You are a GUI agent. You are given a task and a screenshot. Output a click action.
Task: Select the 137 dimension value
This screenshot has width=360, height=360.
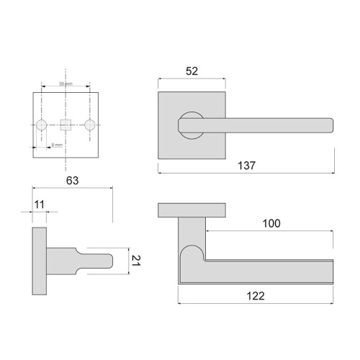[x=246, y=165]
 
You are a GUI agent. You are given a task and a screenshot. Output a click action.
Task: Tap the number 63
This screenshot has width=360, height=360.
[x=72, y=181]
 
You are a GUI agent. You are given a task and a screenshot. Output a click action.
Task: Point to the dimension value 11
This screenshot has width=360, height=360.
[x=40, y=205]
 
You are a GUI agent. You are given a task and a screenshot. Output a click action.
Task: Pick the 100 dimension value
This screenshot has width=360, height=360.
[x=271, y=224]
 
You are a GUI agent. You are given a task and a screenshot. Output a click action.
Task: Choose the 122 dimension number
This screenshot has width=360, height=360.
[x=255, y=295]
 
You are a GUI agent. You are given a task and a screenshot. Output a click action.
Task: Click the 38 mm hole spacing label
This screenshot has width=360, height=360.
[x=66, y=85]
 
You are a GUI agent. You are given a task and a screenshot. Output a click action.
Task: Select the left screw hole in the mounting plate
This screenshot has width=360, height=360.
[x=42, y=125]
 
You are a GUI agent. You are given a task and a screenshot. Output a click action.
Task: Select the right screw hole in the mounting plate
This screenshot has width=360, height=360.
[x=89, y=125]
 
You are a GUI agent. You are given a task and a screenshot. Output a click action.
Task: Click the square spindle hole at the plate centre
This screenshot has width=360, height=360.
[x=66, y=125]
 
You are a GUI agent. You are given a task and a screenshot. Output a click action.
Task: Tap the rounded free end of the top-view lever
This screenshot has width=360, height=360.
[x=330, y=125]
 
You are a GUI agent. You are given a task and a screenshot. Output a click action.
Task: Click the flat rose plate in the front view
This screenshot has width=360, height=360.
[x=190, y=210]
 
